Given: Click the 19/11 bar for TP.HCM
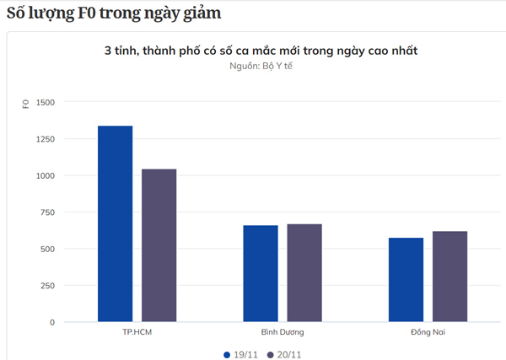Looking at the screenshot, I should coord(115,223).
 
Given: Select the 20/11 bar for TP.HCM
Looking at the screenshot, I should coord(159,245).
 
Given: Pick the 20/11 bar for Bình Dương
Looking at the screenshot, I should coord(304,272).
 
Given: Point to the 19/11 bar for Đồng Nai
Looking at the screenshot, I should coord(406,279).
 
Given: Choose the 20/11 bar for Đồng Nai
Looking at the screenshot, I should coord(449,277).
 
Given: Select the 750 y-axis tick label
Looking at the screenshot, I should coord(47,212).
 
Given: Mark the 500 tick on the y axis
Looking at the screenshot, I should coord(47,249).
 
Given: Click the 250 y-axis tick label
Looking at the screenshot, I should coord(47,286).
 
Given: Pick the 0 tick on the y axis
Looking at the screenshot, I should coord(52,322).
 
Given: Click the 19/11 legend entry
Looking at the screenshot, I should coord(240,355).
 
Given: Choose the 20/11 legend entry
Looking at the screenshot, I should coord(284,355).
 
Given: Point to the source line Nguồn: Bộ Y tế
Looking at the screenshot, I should coord(261,67).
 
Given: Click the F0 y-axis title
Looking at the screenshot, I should coord(26,105).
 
